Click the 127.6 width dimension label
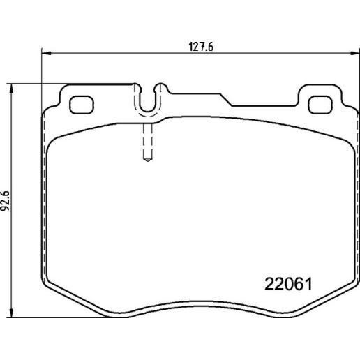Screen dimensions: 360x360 (201, 47)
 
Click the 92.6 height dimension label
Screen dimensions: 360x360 (5, 201)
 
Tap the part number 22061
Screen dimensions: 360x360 (288, 284)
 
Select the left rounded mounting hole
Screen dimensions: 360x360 (82, 105)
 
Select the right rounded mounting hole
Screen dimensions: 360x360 (320, 105)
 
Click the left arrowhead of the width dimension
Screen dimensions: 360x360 (46, 54)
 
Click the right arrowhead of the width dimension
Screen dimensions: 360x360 (355, 54)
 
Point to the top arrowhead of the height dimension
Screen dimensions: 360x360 (10, 89)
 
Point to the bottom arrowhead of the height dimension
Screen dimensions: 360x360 (10, 313)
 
